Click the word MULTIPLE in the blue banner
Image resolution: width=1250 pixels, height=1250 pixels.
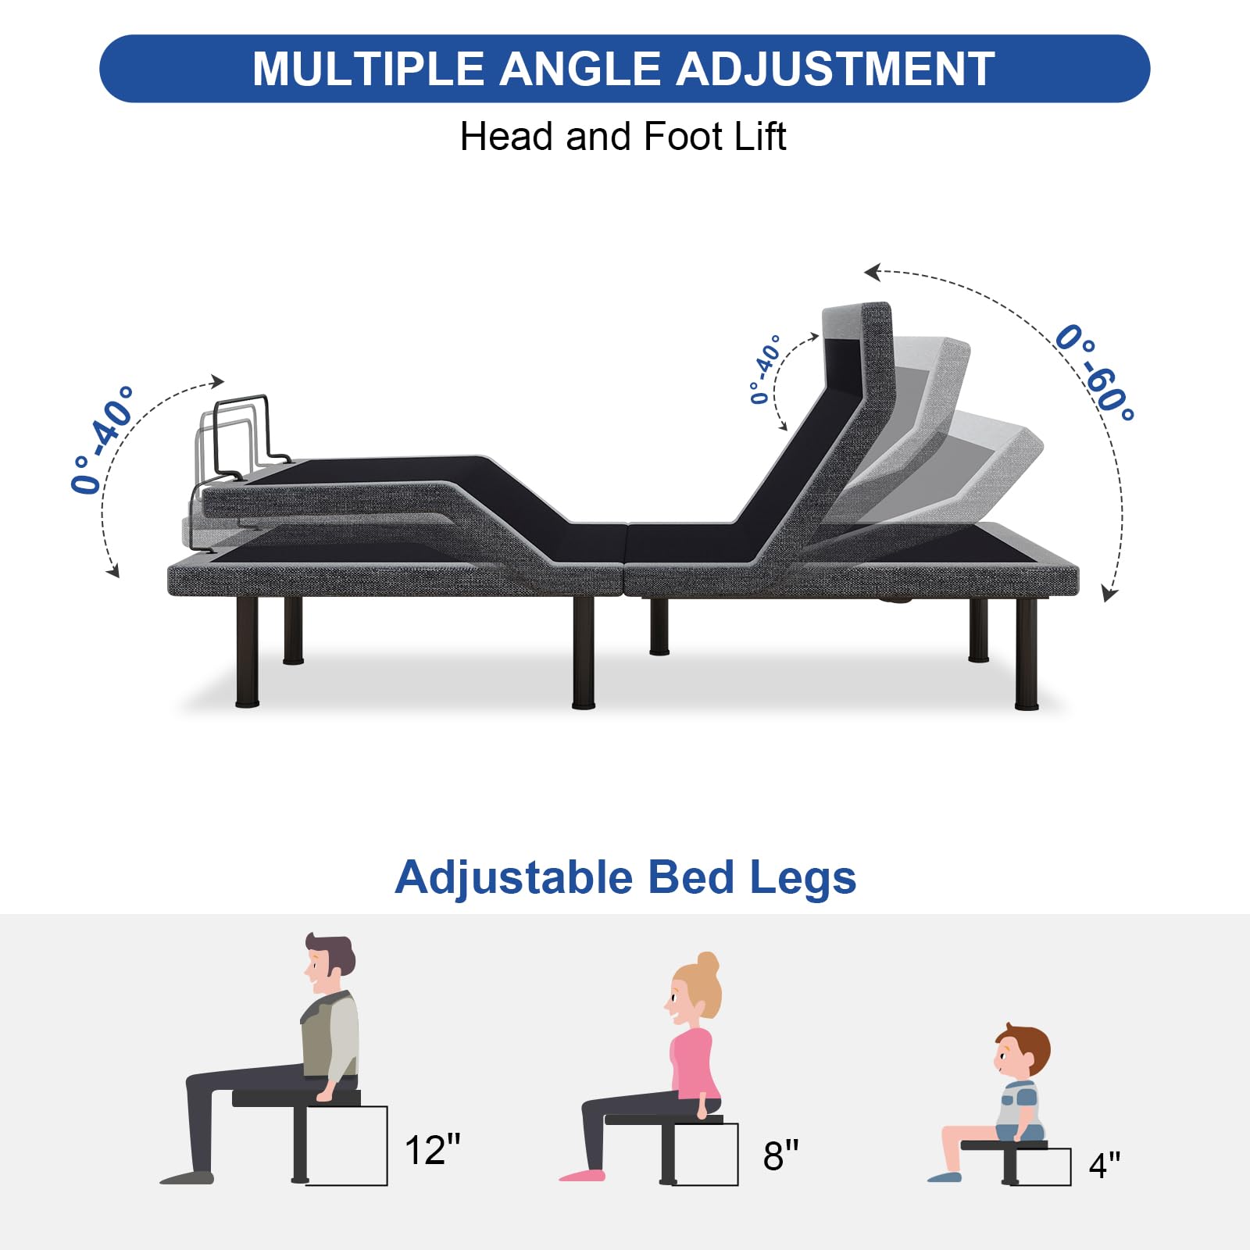368,69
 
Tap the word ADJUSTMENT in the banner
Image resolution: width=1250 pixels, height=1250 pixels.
835,69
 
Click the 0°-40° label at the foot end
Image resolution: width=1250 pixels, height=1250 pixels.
102,439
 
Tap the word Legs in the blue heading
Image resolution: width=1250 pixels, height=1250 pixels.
803,878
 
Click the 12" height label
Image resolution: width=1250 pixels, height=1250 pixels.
432,1149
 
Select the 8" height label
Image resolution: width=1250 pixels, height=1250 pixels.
780,1155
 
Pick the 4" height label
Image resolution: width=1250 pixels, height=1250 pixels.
1105,1165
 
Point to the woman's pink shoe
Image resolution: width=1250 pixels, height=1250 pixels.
582,1175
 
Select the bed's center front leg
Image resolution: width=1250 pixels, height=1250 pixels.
583,652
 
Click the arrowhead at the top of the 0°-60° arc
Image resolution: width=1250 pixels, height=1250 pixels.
872,272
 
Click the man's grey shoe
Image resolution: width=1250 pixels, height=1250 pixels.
187,1177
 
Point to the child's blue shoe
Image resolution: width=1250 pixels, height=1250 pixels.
945,1177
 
